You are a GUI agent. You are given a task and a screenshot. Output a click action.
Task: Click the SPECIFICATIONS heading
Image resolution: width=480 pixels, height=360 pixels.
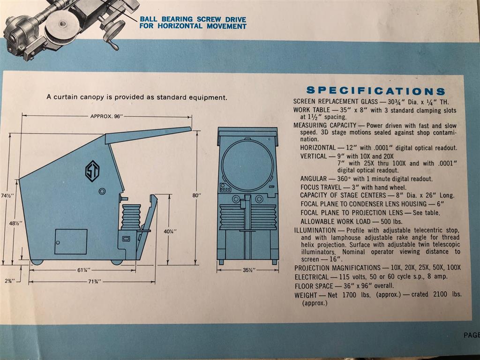(x=375, y=91)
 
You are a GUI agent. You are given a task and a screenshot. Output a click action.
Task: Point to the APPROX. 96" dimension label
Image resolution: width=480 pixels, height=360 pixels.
(x=105, y=116)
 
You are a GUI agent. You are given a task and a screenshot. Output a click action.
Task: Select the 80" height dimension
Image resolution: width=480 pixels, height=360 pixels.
(x=197, y=195)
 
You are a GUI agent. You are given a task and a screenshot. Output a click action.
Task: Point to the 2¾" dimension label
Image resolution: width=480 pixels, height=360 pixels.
(x=10, y=280)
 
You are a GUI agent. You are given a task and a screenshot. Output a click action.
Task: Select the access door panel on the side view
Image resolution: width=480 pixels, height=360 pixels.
(x=71, y=241)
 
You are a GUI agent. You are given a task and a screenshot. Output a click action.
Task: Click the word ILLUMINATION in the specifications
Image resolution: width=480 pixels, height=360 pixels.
(x=315, y=231)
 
